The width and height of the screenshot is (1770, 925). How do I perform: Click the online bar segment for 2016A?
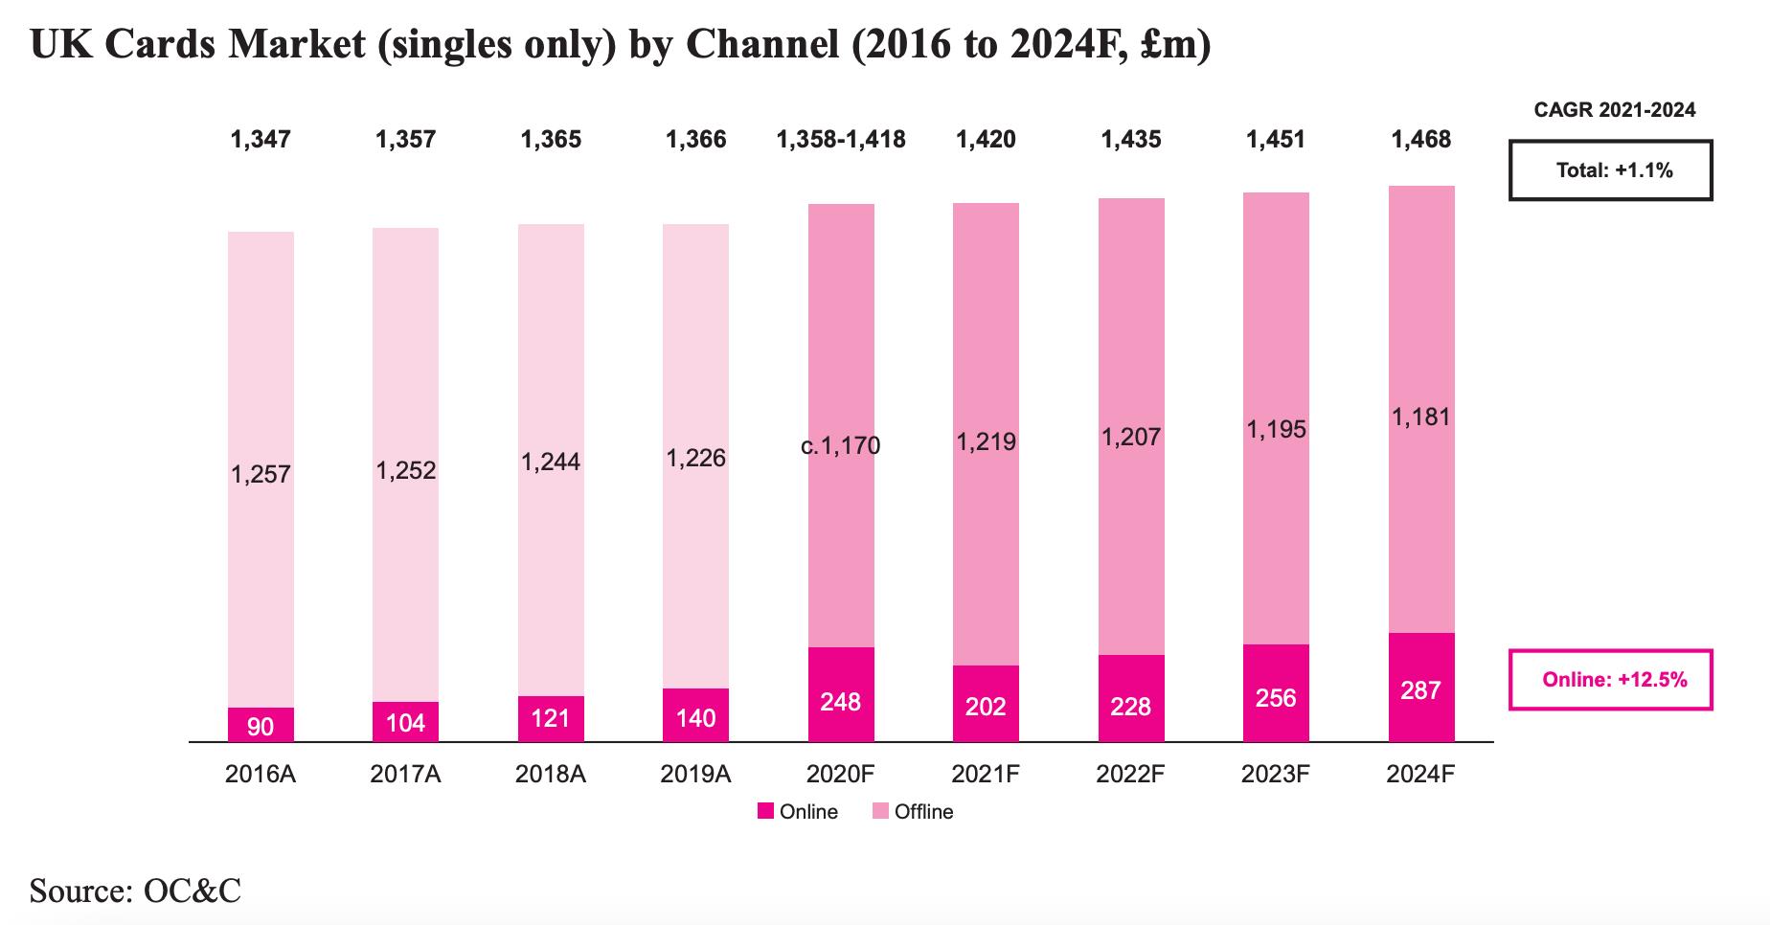coord(261,725)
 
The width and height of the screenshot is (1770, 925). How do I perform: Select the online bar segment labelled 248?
coord(841,694)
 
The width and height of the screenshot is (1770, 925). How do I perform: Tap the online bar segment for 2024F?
coord(1420,687)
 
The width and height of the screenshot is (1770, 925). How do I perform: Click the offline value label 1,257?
coord(261,474)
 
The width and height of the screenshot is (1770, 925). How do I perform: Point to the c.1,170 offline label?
coord(840,445)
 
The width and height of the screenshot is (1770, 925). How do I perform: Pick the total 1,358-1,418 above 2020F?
coord(840,140)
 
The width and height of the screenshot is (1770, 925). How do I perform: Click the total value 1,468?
coord(1420,140)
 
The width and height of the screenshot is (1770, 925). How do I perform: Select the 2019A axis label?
coord(695,774)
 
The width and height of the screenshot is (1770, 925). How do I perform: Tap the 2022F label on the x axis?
coord(1130,774)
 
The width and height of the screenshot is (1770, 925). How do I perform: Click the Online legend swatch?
coord(765,812)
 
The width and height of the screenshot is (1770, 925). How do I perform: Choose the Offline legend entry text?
coord(923,812)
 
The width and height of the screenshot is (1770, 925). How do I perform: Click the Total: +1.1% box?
coord(1610,170)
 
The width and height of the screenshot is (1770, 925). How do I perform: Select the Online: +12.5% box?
coord(1610,680)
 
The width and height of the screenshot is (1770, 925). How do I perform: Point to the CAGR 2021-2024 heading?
coord(1614,110)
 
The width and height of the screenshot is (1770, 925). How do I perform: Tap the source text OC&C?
coord(192,891)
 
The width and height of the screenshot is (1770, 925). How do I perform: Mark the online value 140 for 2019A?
coord(695,718)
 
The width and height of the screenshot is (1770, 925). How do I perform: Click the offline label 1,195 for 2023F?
coord(1276,430)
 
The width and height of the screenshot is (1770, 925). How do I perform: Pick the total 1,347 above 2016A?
coord(261,140)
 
